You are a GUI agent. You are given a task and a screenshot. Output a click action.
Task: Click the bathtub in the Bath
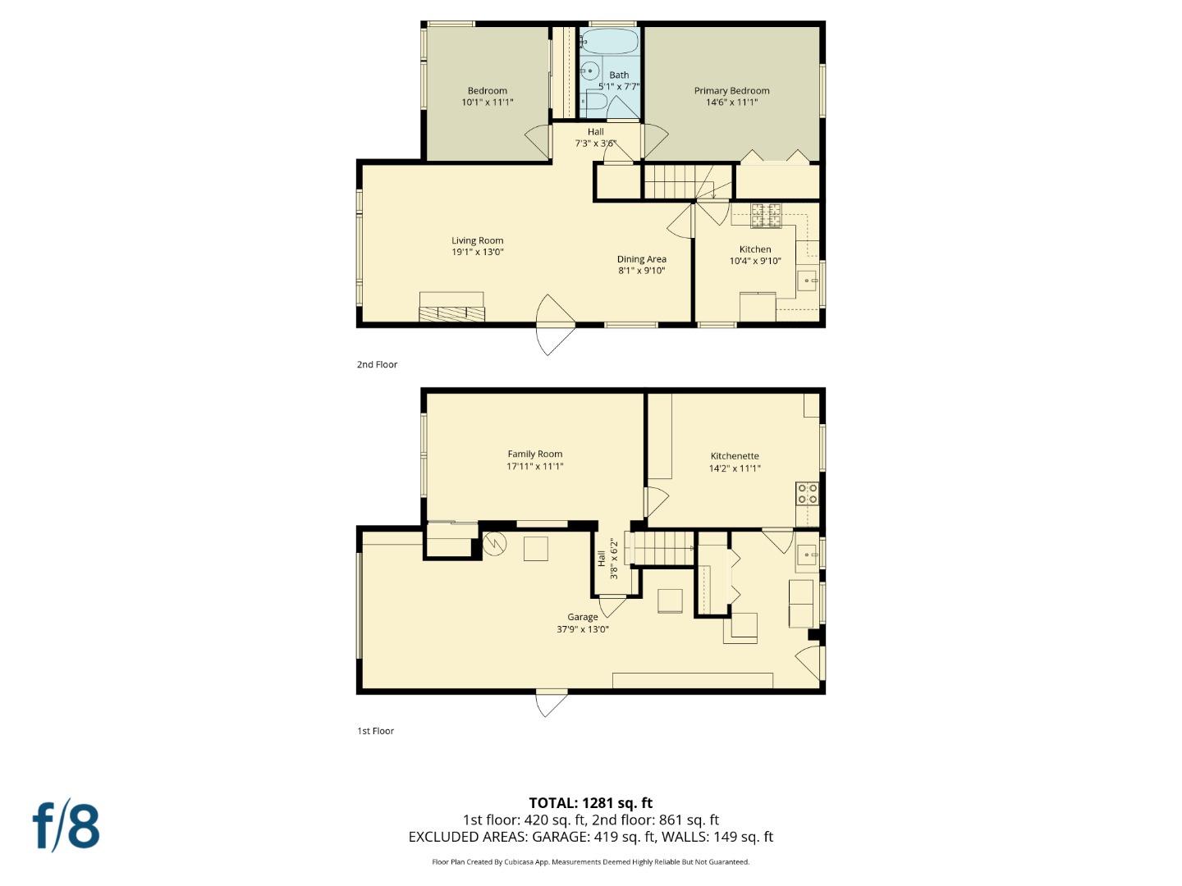point(609,40)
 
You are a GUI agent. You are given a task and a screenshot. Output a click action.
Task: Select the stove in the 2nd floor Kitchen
point(767,216)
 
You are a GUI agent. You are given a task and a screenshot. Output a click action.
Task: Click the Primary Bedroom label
point(731,91)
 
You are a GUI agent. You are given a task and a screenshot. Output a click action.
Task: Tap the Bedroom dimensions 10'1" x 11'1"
point(488,103)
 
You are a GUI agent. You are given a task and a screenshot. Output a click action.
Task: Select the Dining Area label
point(641,259)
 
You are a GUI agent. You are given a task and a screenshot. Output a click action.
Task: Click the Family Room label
point(534,454)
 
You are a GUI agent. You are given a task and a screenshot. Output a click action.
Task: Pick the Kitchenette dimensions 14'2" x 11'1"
point(735,468)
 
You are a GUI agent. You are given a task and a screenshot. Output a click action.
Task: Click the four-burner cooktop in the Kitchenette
point(808,493)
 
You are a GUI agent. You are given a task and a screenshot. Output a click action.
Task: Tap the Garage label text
point(583,617)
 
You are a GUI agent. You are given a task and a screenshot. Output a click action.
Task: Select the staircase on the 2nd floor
point(669,181)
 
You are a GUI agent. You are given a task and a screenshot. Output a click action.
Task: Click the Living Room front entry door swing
point(552,325)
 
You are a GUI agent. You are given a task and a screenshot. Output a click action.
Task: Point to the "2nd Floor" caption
point(377,364)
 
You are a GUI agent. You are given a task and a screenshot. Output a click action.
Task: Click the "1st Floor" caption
point(375,731)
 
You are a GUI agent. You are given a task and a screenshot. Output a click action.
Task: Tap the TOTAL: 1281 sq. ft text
point(590,802)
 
